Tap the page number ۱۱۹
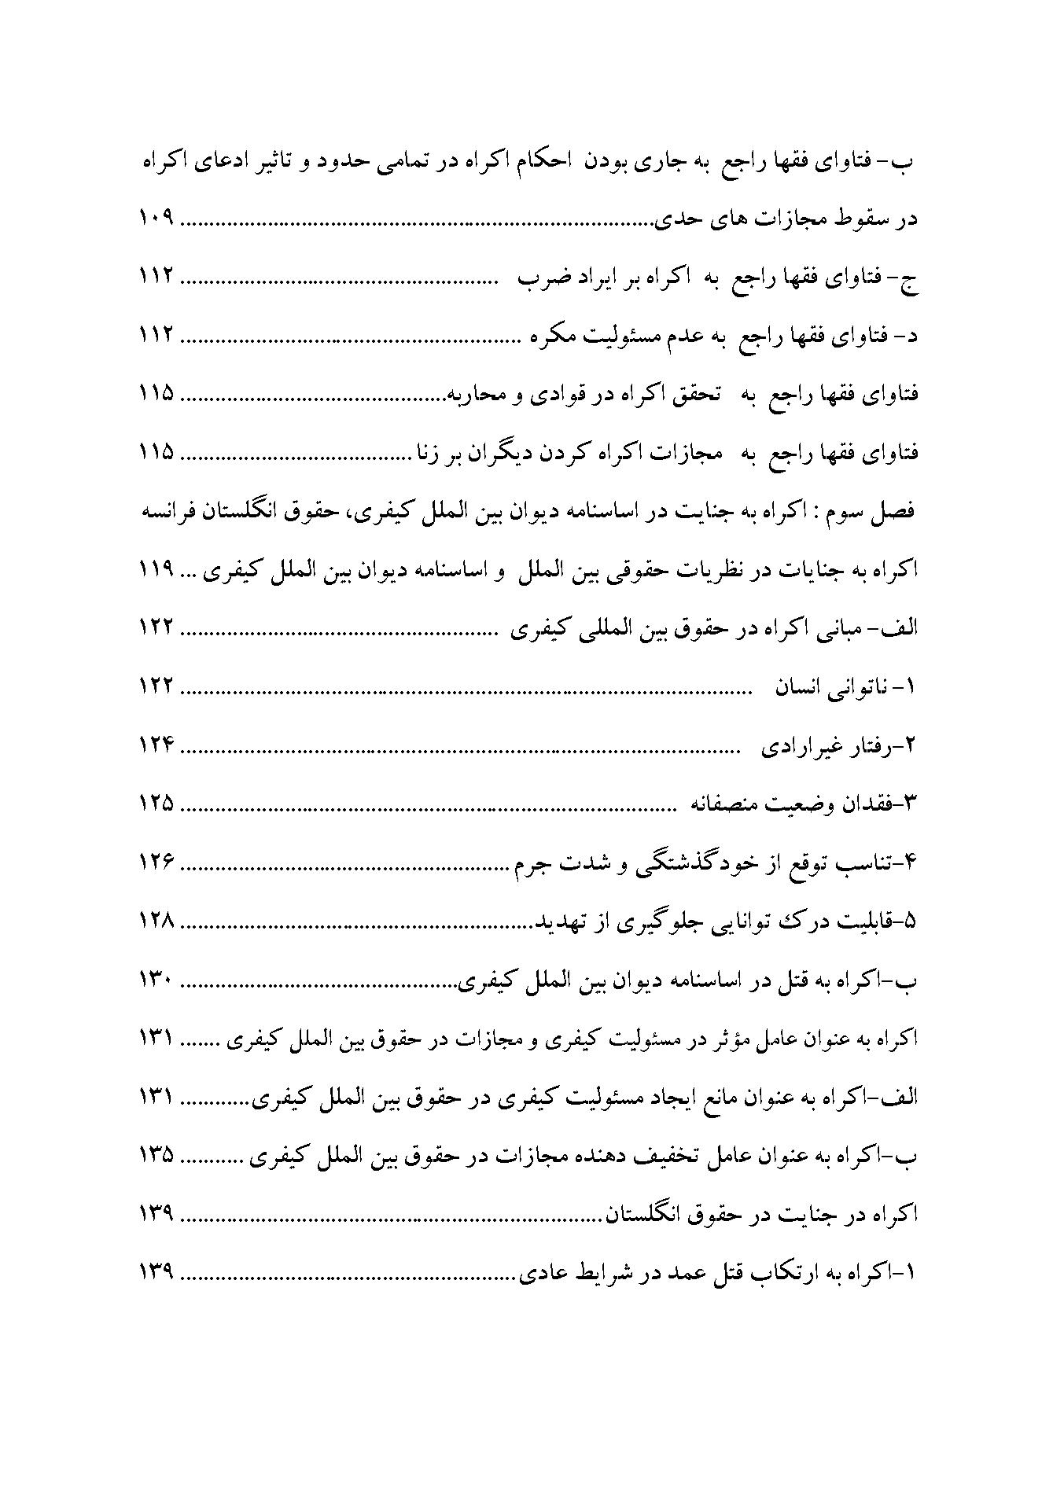click(156, 572)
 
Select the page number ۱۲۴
click(156, 746)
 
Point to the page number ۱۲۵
click(156, 804)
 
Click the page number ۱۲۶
click(156, 863)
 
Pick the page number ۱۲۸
click(156, 921)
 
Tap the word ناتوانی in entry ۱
click(860, 688)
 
